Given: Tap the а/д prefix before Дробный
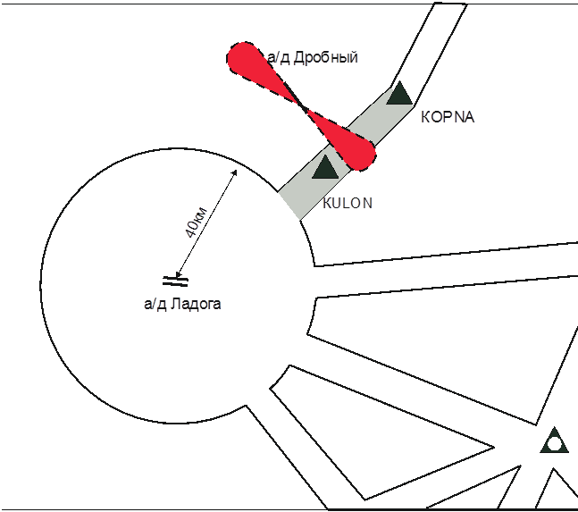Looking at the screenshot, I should click(279, 58).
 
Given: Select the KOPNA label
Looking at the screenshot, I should click(446, 117).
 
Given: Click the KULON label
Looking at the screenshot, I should click(348, 204).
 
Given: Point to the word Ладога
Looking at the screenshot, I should click(196, 304).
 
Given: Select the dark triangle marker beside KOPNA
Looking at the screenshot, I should click(398, 93).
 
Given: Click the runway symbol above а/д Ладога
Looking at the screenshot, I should click(175, 281).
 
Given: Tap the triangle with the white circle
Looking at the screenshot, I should click(554, 441).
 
